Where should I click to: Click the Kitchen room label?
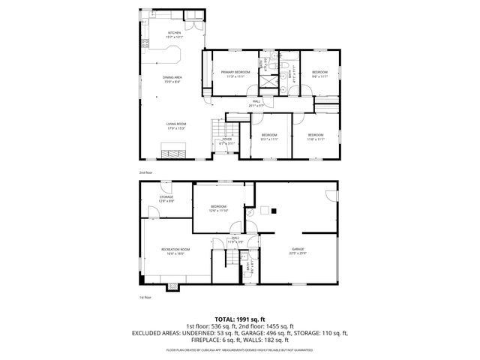coord(174,34)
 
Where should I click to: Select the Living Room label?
coord(176,125)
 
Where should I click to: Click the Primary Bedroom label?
coord(235,73)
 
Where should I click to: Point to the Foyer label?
coord(226,141)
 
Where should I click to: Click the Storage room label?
coord(166,199)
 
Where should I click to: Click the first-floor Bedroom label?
coord(218,208)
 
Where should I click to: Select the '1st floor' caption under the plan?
coord(145,298)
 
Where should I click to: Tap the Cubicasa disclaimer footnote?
coord(240,349)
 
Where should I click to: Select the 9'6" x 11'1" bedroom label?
coord(319,73)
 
